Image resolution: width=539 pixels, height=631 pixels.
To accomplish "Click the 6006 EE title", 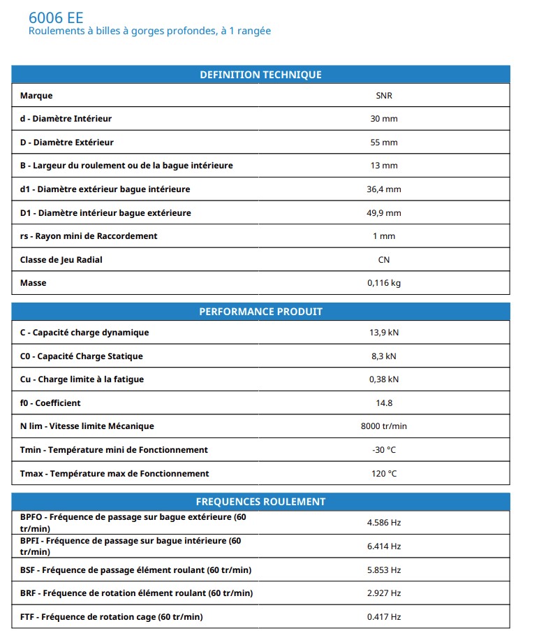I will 56,17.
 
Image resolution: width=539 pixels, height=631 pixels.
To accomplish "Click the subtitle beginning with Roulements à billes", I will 149,31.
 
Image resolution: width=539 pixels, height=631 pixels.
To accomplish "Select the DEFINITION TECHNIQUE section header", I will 260,75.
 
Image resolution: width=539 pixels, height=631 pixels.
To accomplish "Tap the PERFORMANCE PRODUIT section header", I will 260,312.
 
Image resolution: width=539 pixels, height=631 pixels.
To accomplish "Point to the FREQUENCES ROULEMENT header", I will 260,502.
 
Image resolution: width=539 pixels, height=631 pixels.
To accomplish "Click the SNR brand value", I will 383,96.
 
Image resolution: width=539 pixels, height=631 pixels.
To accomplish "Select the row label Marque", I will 36,96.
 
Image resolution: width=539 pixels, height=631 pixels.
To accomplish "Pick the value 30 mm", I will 383,119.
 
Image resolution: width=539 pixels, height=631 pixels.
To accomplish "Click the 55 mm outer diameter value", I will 383,143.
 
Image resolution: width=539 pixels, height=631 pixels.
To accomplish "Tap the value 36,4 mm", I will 383,189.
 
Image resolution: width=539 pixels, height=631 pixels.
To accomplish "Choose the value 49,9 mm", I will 383,213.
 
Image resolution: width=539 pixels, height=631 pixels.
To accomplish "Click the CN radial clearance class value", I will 383,260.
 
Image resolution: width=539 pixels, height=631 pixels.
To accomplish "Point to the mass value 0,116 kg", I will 383,283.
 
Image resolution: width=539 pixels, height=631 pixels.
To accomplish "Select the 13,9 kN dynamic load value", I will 383,333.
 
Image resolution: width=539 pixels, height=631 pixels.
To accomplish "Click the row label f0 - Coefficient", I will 50,403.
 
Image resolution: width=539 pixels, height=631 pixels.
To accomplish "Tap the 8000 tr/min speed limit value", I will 383,426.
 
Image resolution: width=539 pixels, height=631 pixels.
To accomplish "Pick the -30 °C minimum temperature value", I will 383,450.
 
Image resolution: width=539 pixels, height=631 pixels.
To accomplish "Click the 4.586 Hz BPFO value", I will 383,523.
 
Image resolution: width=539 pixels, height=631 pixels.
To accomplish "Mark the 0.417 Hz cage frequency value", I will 383,617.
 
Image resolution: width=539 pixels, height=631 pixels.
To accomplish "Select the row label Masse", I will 34,283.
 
